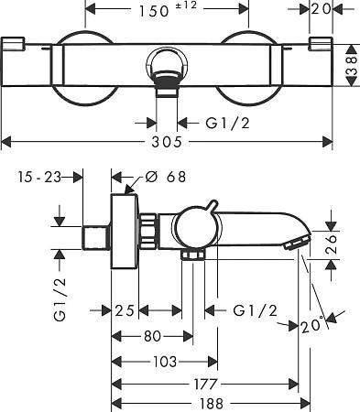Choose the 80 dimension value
click(152, 336)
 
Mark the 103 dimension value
click(164, 362)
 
